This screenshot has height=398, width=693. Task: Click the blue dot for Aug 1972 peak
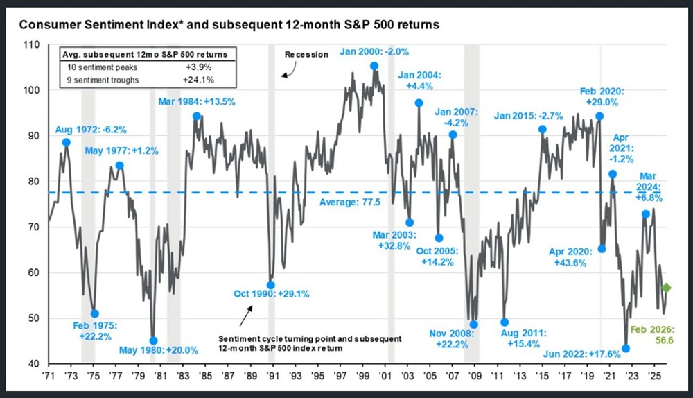pyautogui.click(x=66, y=142)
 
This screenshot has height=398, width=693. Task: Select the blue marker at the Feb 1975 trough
pyautogui.click(x=95, y=314)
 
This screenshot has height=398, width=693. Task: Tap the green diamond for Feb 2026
pyautogui.click(x=666, y=288)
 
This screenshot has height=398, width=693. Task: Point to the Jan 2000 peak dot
pyautogui.click(x=374, y=67)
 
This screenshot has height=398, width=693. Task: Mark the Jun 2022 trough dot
pyautogui.click(x=626, y=348)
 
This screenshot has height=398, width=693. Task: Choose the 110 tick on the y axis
pyautogui.click(x=33, y=45)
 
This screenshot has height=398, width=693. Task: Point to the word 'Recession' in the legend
pyautogui.click(x=306, y=54)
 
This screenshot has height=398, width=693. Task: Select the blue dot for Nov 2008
pyautogui.click(x=474, y=325)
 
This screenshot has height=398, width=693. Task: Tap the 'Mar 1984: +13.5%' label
pyautogui.click(x=197, y=102)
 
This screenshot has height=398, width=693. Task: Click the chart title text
pyautogui.click(x=228, y=25)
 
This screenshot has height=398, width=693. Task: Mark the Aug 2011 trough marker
pyautogui.click(x=505, y=322)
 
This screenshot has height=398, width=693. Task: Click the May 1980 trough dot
pyautogui.click(x=153, y=340)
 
